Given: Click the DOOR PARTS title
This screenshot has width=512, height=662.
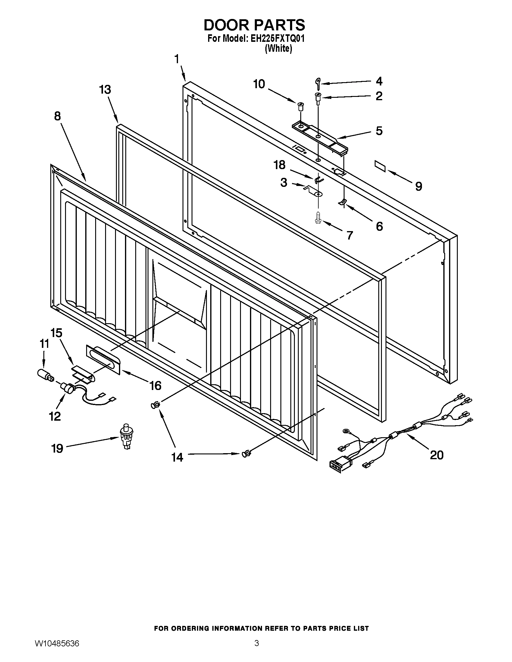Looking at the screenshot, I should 254,25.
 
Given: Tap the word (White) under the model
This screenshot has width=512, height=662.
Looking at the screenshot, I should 279,48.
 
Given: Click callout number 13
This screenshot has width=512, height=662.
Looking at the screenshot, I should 105,90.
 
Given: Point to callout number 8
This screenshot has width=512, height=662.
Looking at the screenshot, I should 57,116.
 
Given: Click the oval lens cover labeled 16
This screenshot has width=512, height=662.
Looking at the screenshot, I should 103,360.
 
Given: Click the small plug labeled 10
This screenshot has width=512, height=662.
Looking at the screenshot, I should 301,107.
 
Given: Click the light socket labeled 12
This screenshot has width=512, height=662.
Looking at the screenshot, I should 67,387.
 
